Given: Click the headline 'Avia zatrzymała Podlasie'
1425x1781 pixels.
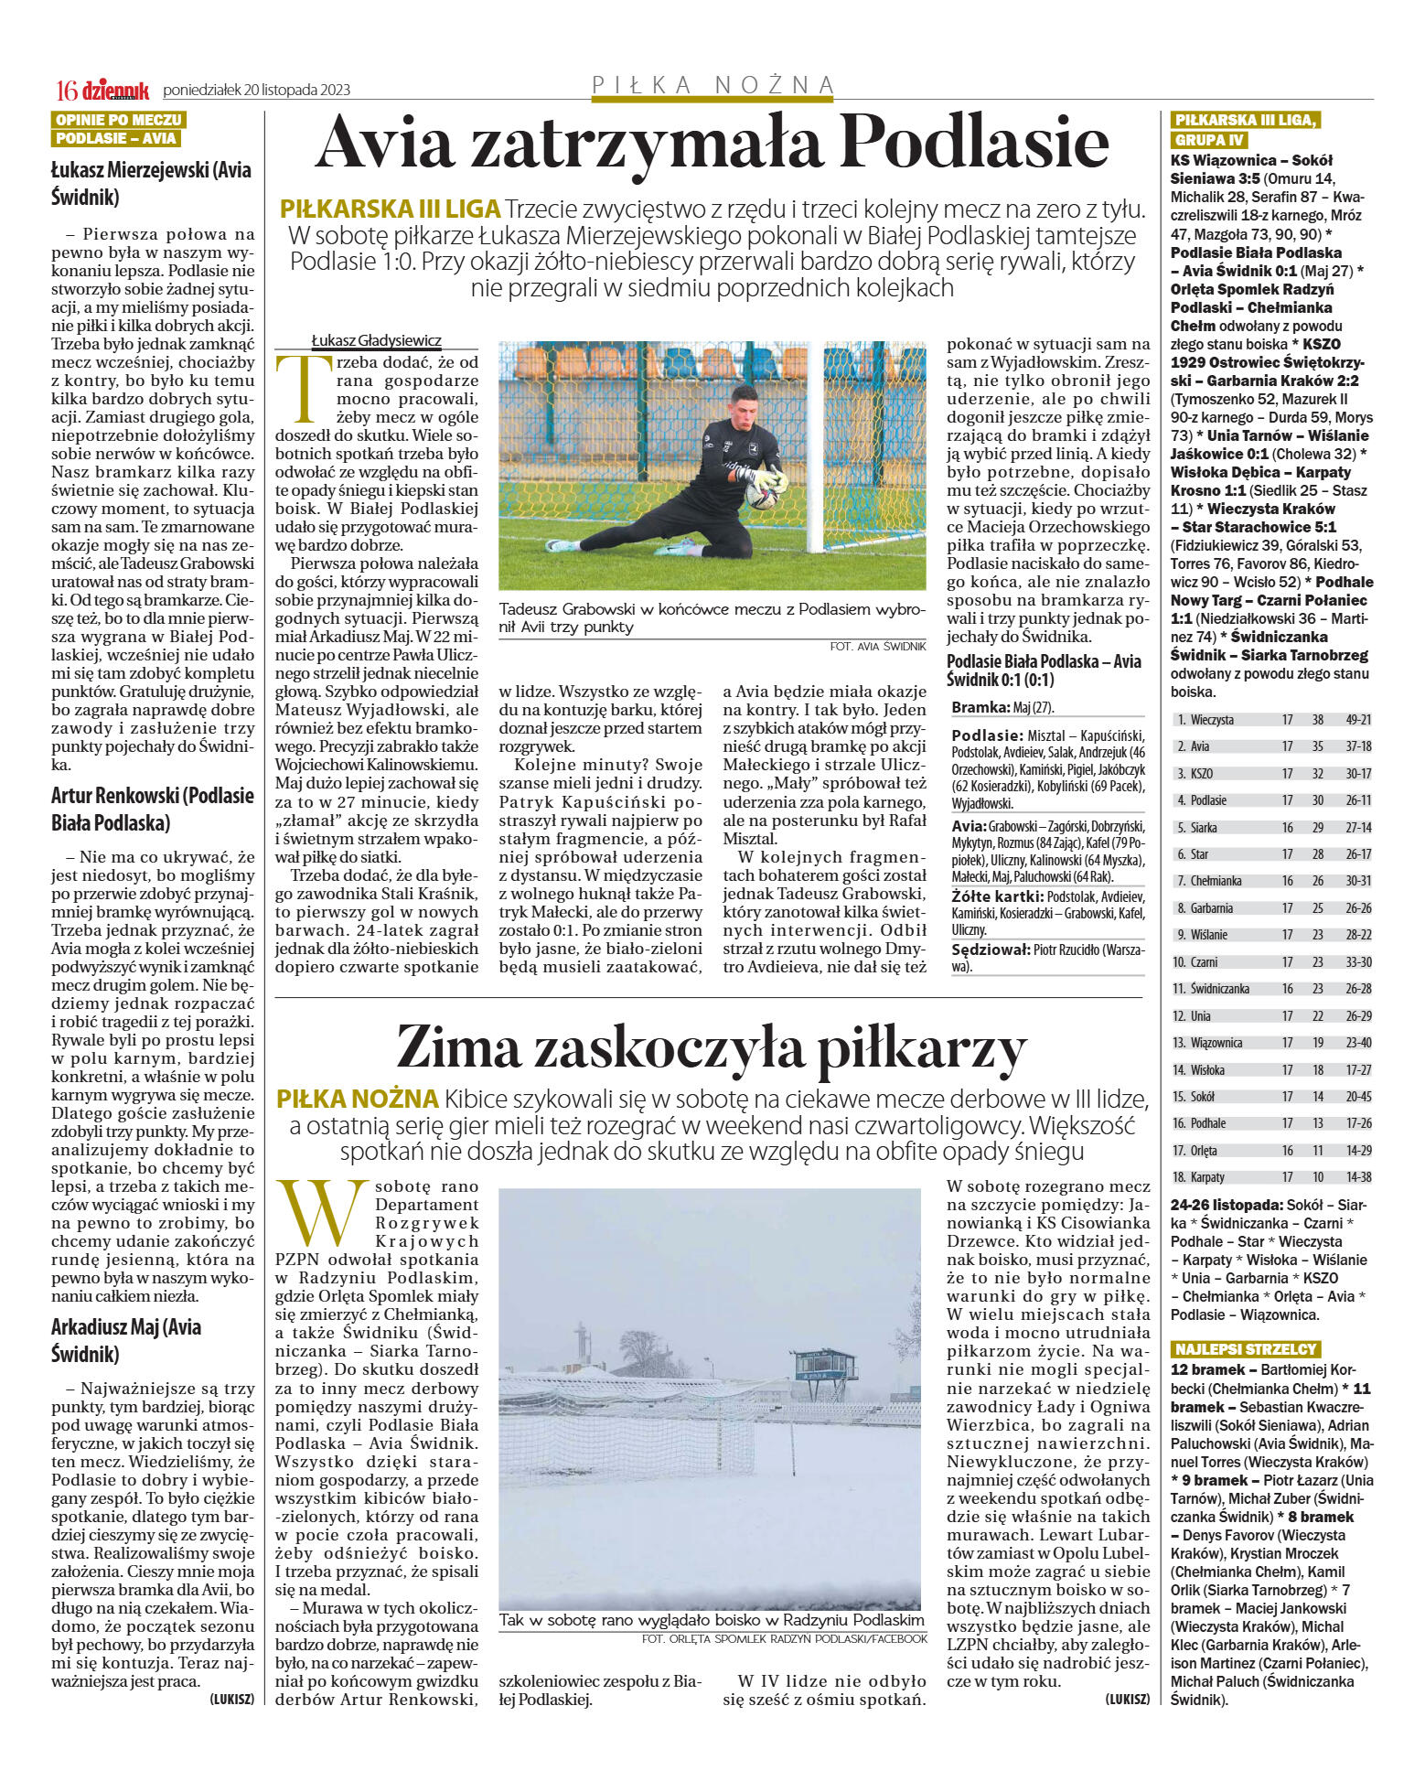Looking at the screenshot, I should (x=711, y=144).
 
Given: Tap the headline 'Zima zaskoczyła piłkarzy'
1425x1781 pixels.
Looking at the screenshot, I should (x=711, y=1046).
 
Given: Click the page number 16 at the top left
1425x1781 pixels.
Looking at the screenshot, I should (x=66, y=90).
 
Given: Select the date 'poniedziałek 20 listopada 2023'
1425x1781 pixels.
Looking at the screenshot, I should (x=256, y=90).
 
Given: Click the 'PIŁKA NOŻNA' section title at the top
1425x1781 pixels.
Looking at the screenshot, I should (x=713, y=85).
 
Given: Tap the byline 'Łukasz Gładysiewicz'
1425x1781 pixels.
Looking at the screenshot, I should (x=376, y=340).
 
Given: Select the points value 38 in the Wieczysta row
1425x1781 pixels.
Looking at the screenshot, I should (x=1317, y=720).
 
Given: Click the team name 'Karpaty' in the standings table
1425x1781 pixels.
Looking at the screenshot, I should (x=1207, y=1177).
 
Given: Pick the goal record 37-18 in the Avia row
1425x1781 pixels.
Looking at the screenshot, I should (x=1357, y=746).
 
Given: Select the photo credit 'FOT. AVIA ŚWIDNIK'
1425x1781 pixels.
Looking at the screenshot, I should (x=877, y=646).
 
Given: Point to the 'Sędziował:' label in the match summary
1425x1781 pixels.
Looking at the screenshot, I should (x=991, y=950).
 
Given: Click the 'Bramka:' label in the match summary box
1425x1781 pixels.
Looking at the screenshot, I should (x=980, y=707).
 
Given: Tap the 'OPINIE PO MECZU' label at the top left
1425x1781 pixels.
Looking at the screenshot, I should (x=118, y=120).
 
